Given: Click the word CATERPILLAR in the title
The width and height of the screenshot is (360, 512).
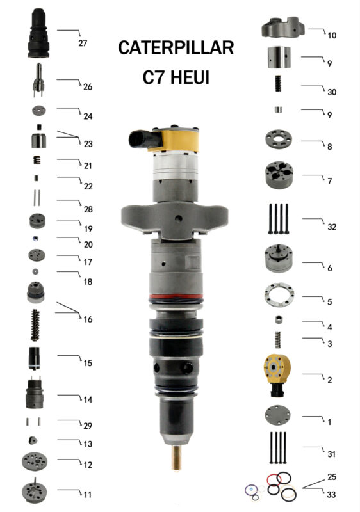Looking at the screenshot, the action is pos(176,47).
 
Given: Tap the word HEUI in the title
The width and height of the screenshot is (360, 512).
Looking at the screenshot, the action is pos(190,77).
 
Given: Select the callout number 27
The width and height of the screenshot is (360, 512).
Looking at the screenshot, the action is pos(83,43).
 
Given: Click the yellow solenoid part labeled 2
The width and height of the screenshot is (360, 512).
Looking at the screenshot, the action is pos(277,375).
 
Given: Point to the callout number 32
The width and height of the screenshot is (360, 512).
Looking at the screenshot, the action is pos(332,227).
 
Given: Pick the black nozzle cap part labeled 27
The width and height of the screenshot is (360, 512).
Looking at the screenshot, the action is pos(38,33).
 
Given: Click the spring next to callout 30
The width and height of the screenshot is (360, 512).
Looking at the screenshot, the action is pos(278,83).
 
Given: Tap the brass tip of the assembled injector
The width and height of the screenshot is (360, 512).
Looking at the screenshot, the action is pos(177,458).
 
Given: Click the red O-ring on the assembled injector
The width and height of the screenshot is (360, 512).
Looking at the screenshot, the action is pos(176,297).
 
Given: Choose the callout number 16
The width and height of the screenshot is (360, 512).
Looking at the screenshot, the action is pos(88,319).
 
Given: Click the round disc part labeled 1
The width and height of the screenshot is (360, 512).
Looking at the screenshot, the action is pos(277,415).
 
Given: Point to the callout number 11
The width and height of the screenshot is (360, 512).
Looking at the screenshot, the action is pos(87,494).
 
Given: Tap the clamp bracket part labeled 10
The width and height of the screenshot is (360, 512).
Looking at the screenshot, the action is pos(283,27).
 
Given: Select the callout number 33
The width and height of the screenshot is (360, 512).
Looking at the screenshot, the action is pos(331,494).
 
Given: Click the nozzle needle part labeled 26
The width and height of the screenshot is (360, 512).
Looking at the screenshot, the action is pos(38,80).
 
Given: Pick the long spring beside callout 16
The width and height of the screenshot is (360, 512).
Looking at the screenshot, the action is pos(35,326).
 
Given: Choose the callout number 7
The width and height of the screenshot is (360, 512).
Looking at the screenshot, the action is pos(330,181).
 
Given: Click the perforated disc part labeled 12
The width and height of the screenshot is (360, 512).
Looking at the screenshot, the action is pos(35,461).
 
